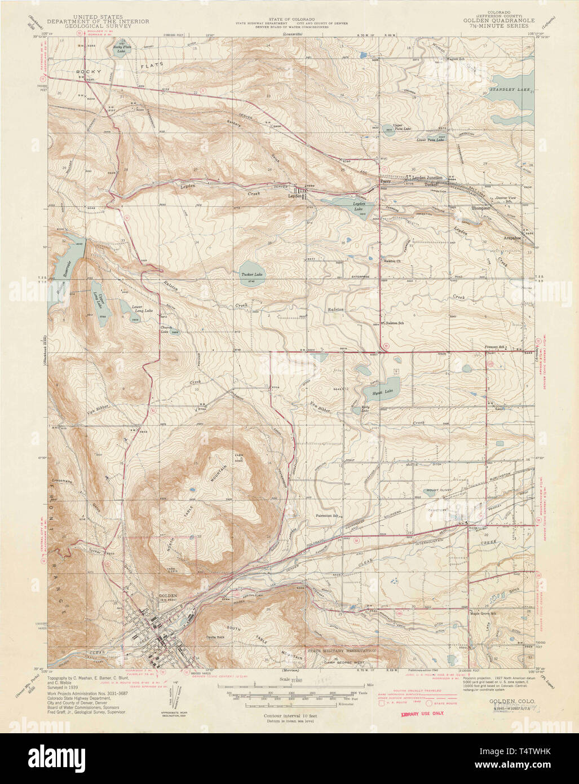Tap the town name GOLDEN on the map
[x=167, y=596]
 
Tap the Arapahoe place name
[x=512, y=238]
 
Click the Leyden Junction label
[x=427, y=178]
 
